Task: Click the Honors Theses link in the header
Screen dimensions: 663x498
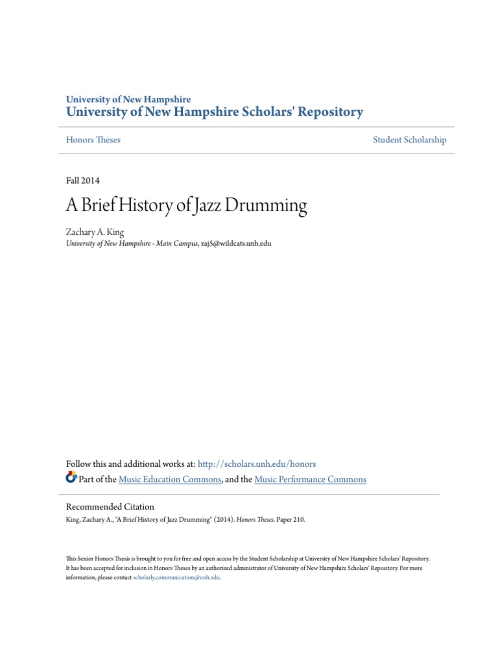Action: pyautogui.click(x=93, y=140)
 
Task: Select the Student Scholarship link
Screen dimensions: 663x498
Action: pyautogui.click(x=409, y=140)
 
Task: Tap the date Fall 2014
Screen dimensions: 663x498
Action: pyautogui.click(x=83, y=181)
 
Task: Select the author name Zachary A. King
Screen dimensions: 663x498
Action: pyautogui.click(x=95, y=232)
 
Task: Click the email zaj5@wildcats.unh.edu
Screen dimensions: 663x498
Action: pyautogui.click(x=235, y=243)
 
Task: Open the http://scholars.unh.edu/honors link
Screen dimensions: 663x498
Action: pyautogui.click(x=256, y=464)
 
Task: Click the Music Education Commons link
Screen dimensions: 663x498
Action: pyautogui.click(x=171, y=480)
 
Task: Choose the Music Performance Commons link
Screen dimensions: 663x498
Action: pyautogui.click(x=310, y=480)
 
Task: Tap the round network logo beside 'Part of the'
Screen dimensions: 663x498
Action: pyautogui.click(x=71, y=479)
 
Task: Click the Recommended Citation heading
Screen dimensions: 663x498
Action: pyautogui.click(x=110, y=507)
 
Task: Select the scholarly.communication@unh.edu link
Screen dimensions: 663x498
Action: pyautogui.click(x=176, y=577)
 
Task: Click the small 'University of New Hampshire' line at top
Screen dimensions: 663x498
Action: pyautogui.click(x=128, y=100)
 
